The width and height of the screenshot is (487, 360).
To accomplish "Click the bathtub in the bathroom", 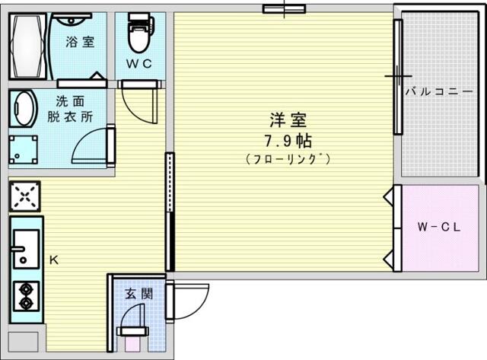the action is [28, 46].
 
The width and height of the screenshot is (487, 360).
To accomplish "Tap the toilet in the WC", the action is [140, 33].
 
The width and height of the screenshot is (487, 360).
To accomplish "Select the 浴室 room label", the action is [80, 42].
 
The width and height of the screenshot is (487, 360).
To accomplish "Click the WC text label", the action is [139, 64].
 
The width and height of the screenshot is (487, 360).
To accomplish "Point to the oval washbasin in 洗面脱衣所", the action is [24, 109].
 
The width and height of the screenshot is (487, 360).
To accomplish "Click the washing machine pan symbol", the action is [24, 149].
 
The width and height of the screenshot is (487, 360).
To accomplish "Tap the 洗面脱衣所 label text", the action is [70, 109].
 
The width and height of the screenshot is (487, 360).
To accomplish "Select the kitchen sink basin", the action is [25, 249].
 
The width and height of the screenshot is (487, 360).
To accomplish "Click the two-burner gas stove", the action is [26, 296].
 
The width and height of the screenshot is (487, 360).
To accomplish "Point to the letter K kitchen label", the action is [54, 260].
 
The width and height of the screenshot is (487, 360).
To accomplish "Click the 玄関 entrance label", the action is [138, 294].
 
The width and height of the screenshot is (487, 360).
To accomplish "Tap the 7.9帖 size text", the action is [288, 141].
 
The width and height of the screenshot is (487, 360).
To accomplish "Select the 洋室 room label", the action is [288, 120].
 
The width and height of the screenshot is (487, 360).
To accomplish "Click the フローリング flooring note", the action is [288, 159].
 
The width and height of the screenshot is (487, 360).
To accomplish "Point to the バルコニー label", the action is [440, 91].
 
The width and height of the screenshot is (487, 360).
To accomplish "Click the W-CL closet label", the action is [439, 227].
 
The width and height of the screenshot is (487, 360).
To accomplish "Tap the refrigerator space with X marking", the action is [25, 196].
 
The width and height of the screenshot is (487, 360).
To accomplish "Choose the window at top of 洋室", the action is [284, 9].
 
